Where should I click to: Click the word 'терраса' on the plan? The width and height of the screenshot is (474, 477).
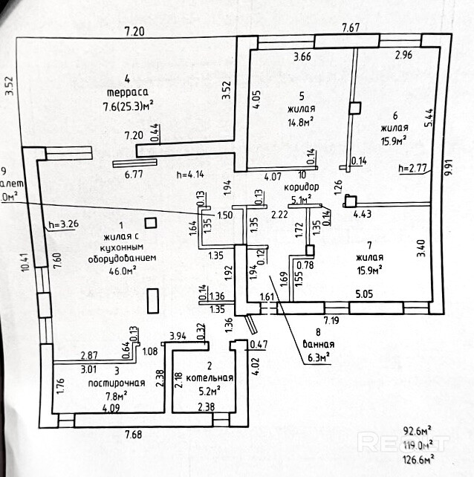pyautogui.click(x=129, y=92)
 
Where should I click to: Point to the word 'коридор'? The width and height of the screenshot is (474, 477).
pyautogui.click(x=301, y=187)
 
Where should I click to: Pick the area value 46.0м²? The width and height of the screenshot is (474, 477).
pyautogui.click(x=124, y=271)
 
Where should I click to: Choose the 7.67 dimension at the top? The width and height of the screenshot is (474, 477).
pyautogui.click(x=351, y=27)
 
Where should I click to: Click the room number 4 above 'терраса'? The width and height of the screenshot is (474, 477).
pyautogui.click(x=128, y=78)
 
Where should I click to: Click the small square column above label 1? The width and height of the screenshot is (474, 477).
pyautogui.click(x=151, y=221)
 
